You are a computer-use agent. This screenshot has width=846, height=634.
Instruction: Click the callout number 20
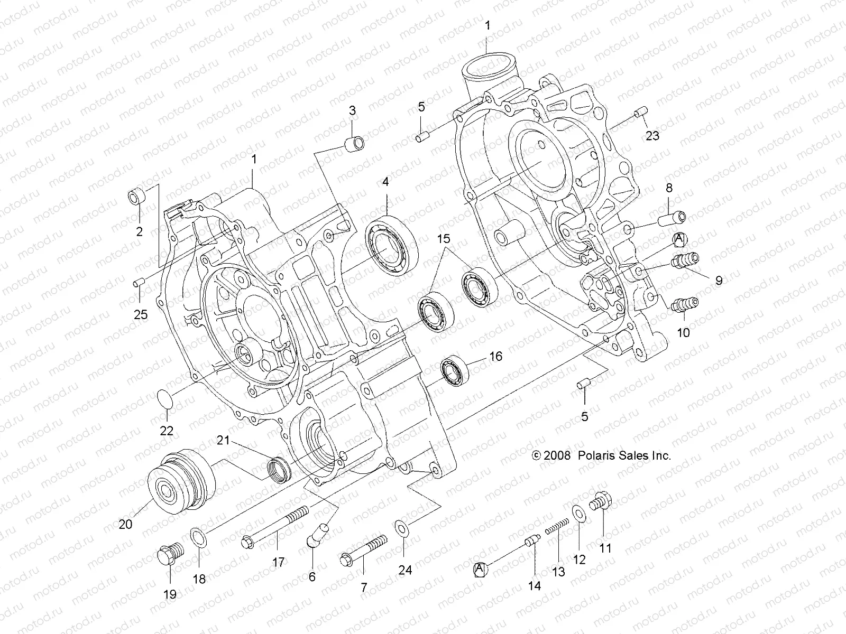pyautogui.click(x=125, y=524)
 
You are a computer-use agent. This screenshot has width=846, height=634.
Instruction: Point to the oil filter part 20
pyautogui.click(x=180, y=481)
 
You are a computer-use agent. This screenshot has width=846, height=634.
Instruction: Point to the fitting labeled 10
pyautogui.click(x=685, y=305)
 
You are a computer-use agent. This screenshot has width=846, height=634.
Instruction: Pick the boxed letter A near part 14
pyautogui.click(x=480, y=569)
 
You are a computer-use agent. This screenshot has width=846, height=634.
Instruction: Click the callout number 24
pyautogui.click(x=404, y=570)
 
